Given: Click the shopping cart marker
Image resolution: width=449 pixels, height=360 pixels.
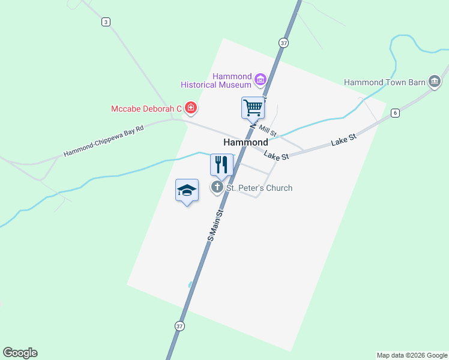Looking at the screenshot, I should [x=253, y=108].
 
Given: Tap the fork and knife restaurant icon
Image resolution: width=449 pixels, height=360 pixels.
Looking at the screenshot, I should [x=221, y=164].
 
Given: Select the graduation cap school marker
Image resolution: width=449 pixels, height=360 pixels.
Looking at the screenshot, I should [x=187, y=190].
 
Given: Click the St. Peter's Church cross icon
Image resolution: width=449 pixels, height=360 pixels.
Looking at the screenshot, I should [x=217, y=187].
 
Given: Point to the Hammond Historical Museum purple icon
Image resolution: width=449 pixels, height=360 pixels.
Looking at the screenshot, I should [x=260, y=79].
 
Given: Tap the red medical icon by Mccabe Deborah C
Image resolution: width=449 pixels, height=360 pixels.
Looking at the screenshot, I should [x=191, y=108].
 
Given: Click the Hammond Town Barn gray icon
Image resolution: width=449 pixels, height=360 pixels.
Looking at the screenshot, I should [x=434, y=82].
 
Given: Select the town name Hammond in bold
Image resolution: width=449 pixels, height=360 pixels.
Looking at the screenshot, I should [x=246, y=142].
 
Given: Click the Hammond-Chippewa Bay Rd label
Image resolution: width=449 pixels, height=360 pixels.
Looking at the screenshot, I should [x=104, y=142].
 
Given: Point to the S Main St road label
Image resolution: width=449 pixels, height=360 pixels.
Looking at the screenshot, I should [x=215, y=226].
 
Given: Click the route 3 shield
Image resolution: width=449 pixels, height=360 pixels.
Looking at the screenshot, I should [x=106, y=22].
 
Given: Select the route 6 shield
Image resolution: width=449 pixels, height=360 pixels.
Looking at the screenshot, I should [x=395, y=113].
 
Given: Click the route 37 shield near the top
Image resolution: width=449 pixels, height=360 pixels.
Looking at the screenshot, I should [x=283, y=43].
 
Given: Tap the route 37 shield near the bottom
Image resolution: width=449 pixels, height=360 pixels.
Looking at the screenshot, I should [x=179, y=326].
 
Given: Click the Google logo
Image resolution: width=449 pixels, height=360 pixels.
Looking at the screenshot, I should [x=20, y=353].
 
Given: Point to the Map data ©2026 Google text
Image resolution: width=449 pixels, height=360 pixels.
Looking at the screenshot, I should [x=412, y=355].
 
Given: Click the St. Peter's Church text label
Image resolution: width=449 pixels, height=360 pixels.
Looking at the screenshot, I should [x=259, y=188].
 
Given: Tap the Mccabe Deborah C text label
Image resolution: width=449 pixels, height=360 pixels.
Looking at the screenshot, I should [x=146, y=109].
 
